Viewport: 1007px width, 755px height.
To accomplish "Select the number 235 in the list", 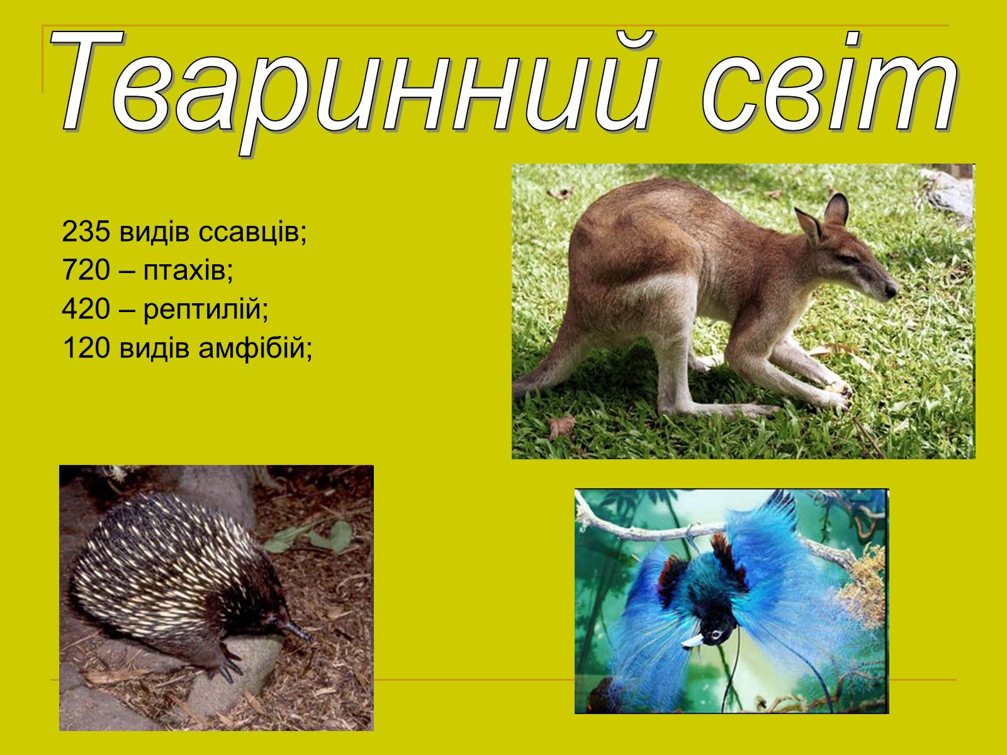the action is [86, 231].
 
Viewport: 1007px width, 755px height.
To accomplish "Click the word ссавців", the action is [252, 232].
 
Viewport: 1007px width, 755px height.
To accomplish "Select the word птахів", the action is [188, 271].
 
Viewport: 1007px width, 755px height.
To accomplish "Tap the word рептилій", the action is [206, 310].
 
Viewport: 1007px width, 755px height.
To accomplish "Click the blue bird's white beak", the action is [693, 641].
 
